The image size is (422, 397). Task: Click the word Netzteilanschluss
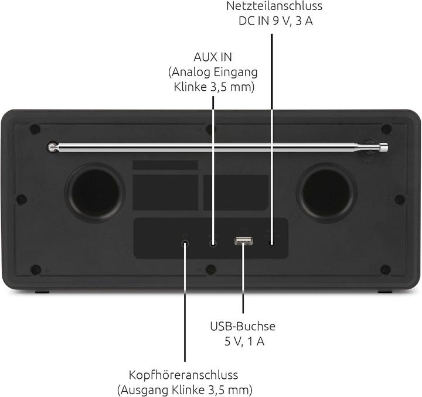pyautogui.click(x=274, y=6)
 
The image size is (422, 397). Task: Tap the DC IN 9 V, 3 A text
pyautogui.click(x=275, y=21)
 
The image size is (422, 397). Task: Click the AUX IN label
pyautogui.click(x=213, y=57)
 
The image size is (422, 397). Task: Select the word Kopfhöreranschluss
pyautogui.click(x=183, y=375)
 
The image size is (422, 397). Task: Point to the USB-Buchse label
pyautogui.click(x=243, y=326)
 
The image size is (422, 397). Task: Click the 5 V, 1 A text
pyautogui.click(x=244, y=341)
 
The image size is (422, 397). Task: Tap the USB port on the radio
pyautogui.click(x=244, y=241)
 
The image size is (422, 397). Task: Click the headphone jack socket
pyautogui.click(x=185, y=244)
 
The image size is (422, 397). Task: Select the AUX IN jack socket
pyautogui.click(x=213, y=244)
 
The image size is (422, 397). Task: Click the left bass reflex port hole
pyautogui.click(x=96, y=193)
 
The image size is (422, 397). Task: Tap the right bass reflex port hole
pyautogui.click(x=326, y=193)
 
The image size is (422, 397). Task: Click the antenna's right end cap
pyautogui.click(x=384, y=148)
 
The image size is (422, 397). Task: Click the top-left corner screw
pyautogui.click(x=35, y=129)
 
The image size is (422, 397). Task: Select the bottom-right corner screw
pyautogui.click(x=386, y=269)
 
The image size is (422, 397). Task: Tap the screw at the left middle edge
pyautogui.click(x=22, y=200)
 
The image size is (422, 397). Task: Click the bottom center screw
pyautogui.click(x=211, y=269)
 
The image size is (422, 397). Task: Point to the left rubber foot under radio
pyautogui.click(x=42, y=292)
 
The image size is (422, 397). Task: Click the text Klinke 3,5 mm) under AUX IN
pyautogui.click(x=215, y=87)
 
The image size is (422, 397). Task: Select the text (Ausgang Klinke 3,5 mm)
pyautogui.click(x=185, y=389)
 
